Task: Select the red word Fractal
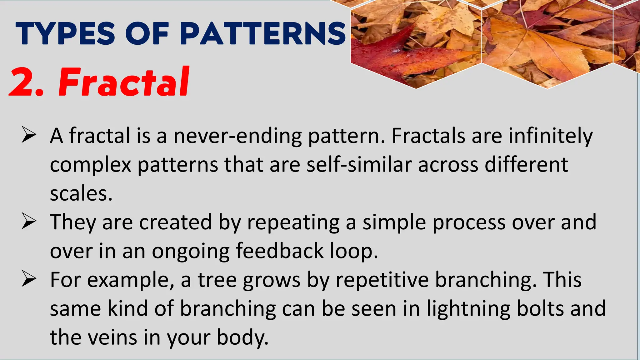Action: (124, 82)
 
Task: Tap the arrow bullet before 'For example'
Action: (29, 278)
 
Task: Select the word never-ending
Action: (238, 136)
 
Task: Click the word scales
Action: (81, 194)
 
